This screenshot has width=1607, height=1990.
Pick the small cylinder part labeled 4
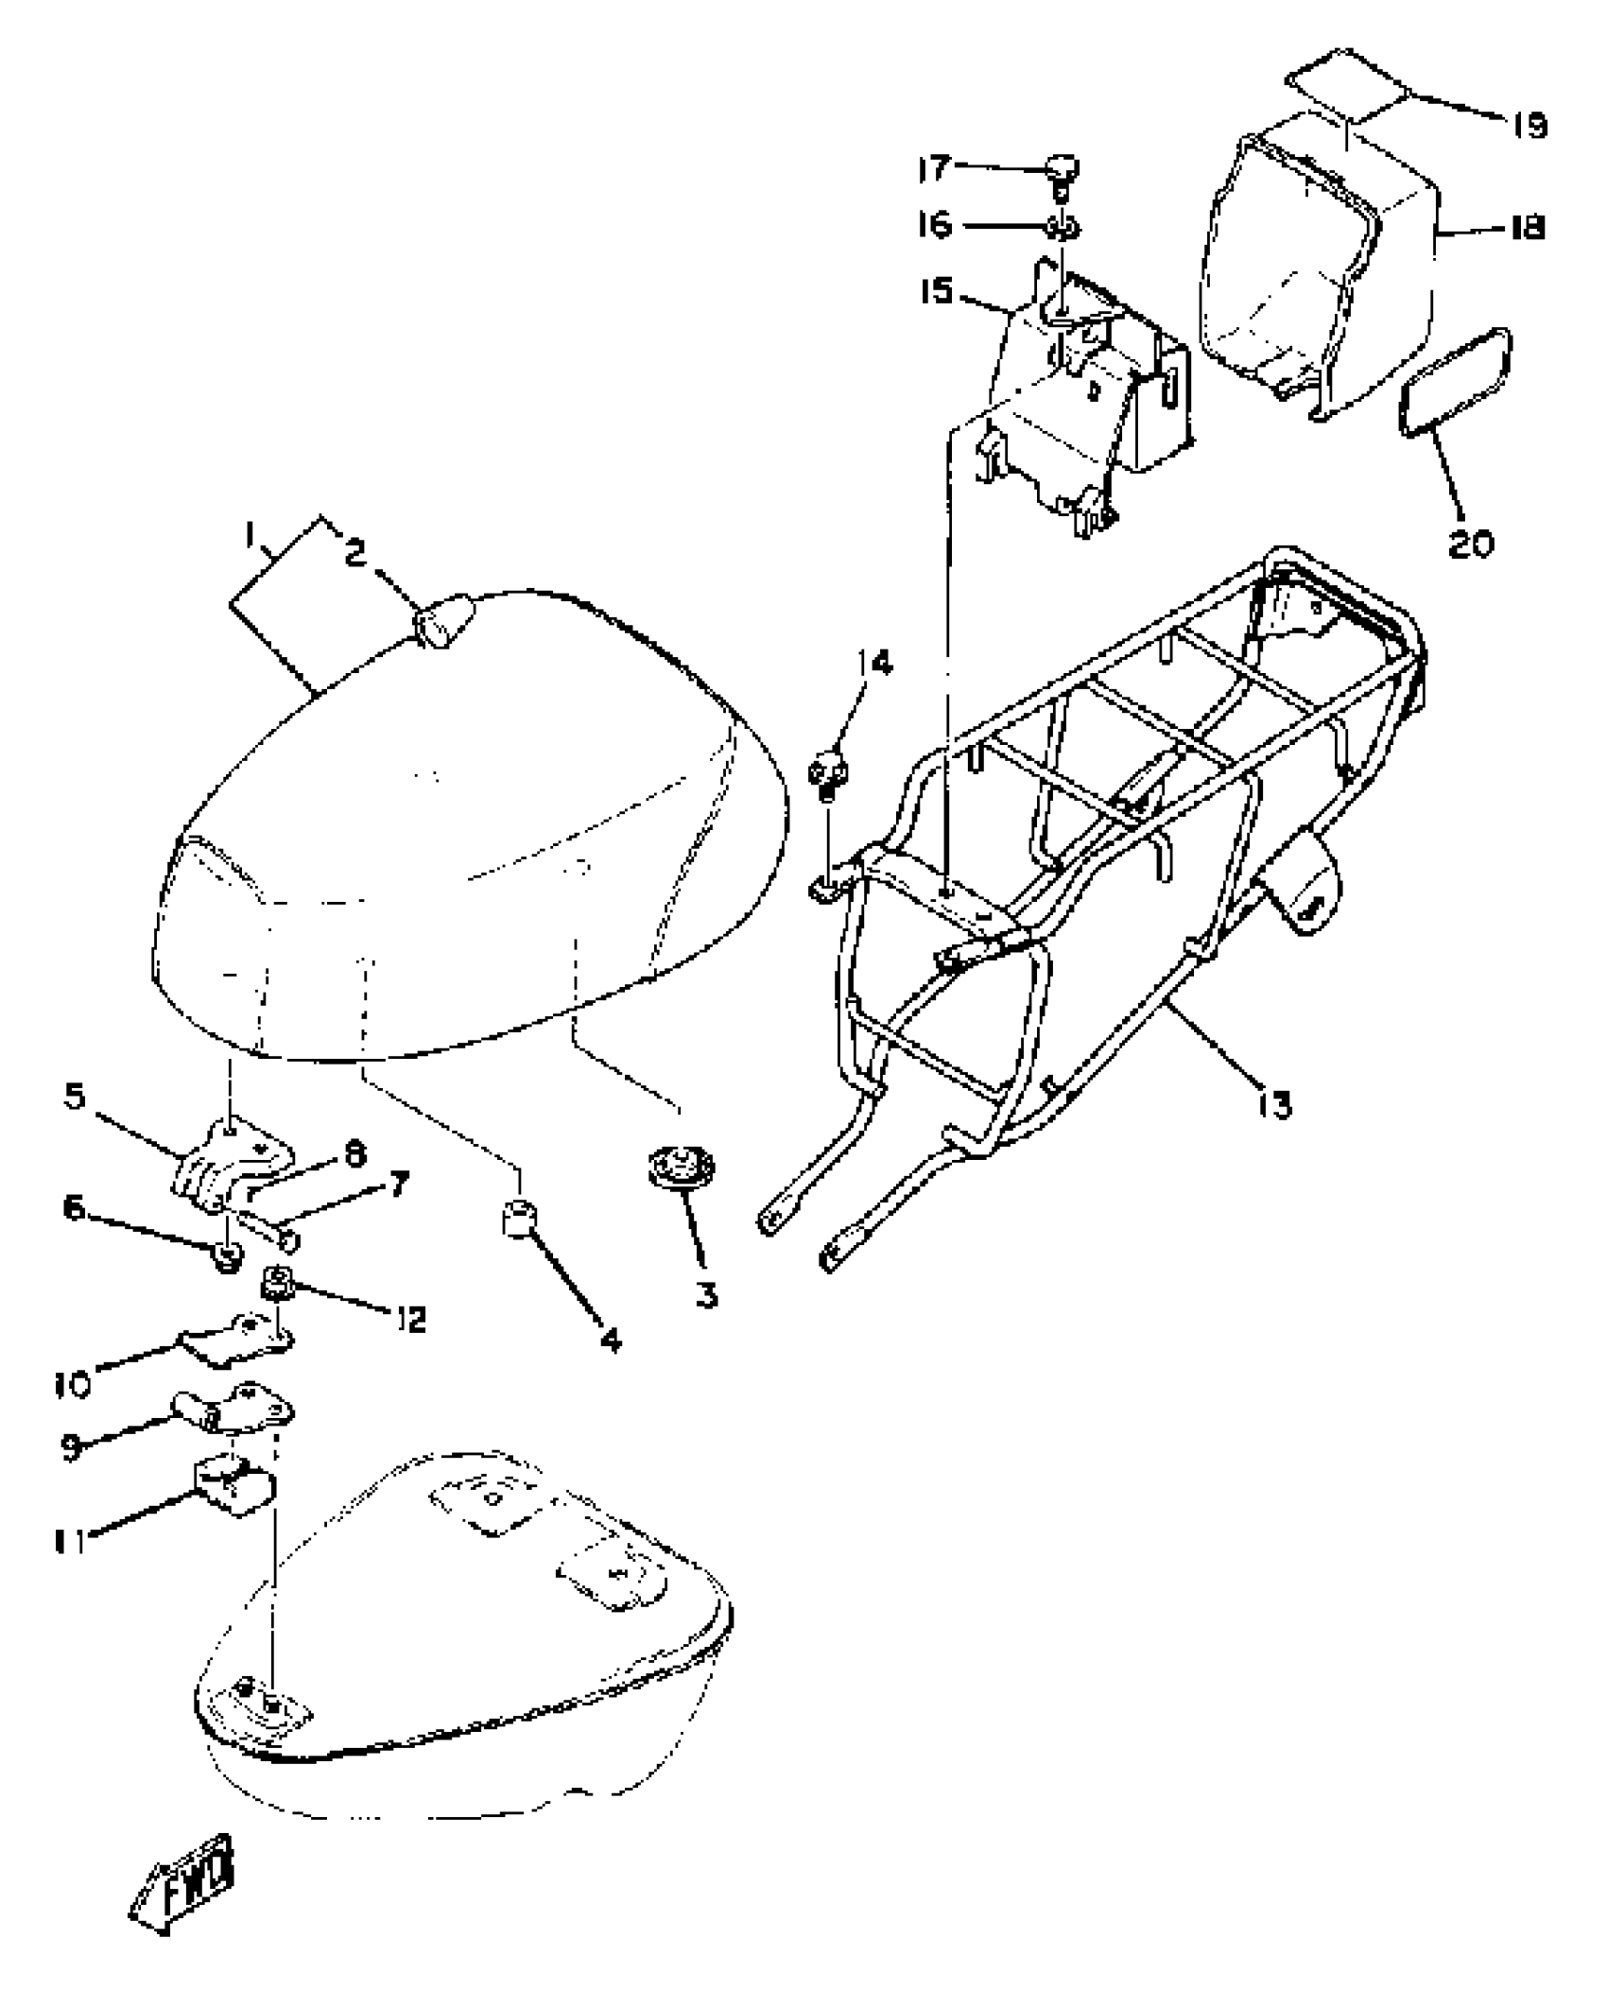coord(518,1220)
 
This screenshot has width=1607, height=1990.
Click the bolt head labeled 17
coord(1062,170)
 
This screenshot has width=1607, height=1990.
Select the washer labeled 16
coord(1062,227)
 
